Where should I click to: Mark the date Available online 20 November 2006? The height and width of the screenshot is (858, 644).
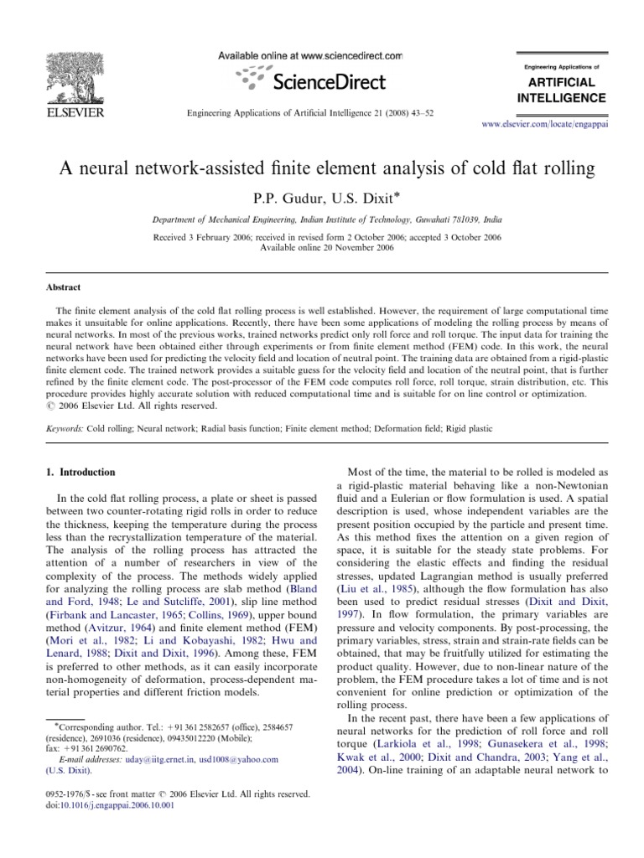[322, 248]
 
